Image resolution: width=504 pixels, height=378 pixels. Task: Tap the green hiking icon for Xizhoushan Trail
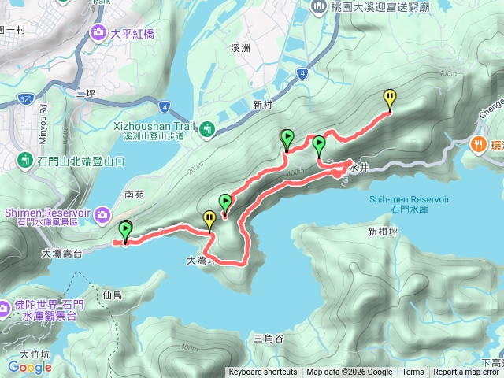pyautogui.click(x=207, y=128)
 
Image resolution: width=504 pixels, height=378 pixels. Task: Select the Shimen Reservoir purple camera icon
pyautogui.click(x=103, y=213)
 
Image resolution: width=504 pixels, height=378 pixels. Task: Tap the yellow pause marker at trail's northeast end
pyautogui.click(x=390, y=98)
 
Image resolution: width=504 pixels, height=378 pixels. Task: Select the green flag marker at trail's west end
pyautogui.click(x=125, y=230)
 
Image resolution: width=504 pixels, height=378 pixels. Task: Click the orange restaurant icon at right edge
pyautogui.click(x=477, y=144)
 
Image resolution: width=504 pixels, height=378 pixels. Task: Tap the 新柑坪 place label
pyautogui.click(x=383, y=232)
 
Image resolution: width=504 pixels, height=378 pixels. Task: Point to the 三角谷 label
pyautogui.click(x=269, y=338)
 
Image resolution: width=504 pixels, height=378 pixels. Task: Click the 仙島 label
pyautogui.click(x=112, y=295)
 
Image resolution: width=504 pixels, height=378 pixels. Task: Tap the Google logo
pyautogui.click(x=30, y=367)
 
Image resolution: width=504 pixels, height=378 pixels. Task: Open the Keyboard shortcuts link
pyautogui.click(x=263, y=372)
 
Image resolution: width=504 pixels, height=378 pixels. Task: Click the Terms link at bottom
pyautogui.click(x=413, y=372)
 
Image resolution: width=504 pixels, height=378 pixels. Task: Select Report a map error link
pyautogui.click(x=468, y=372)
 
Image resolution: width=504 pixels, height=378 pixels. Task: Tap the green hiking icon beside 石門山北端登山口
pyautogui.click(x=24, y=161)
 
